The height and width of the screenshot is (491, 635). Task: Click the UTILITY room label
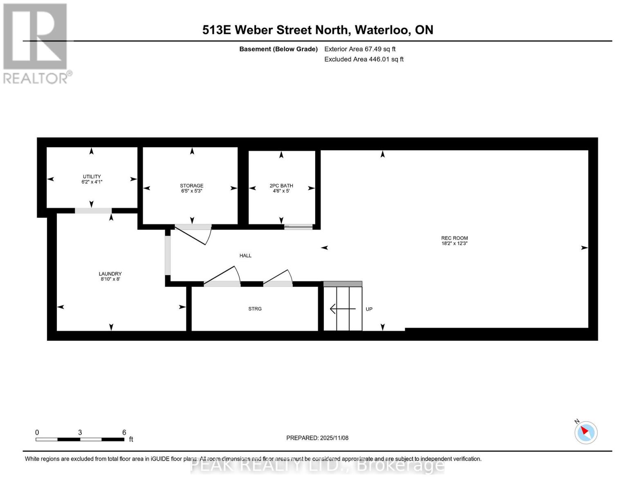[92, 177]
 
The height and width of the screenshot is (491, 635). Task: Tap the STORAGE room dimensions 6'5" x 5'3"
[191, 191]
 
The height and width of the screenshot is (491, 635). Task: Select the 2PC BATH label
[281, 186]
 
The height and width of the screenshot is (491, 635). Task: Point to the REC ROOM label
[454, 238]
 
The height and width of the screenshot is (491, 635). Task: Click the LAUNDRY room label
[110, 274]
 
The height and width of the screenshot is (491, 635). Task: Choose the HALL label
[245, 256]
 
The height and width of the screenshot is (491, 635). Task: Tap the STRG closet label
[255, 309]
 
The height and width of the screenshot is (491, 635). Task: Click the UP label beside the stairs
[369, 309]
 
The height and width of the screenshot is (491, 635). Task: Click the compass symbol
[586, 432]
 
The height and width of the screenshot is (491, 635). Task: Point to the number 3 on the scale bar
[80, 432]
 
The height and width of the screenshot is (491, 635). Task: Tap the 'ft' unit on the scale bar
[131, 439]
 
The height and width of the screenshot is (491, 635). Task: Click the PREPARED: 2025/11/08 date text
[317, 438]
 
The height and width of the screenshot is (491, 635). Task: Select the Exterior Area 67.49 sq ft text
[360, 49]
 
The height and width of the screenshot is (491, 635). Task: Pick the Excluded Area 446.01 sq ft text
[364, 59]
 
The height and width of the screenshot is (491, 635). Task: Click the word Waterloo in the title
[382, 30]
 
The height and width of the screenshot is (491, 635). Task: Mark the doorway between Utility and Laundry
[93, 211]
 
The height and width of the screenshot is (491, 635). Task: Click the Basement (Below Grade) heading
[278, 49]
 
